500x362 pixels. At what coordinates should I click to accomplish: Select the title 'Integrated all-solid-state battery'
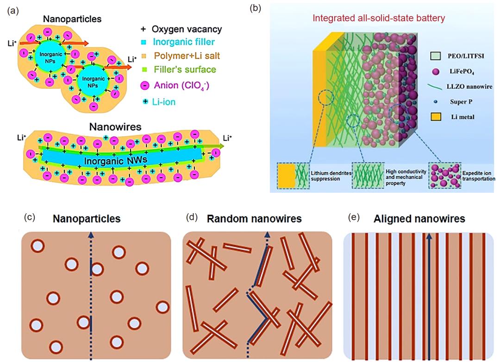(x=379, y=19)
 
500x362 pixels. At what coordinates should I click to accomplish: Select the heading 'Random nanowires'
(x=254, y=218)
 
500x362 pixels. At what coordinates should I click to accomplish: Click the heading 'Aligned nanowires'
(x=419, y=218)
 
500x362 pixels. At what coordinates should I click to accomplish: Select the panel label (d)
(x=189, y=217)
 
